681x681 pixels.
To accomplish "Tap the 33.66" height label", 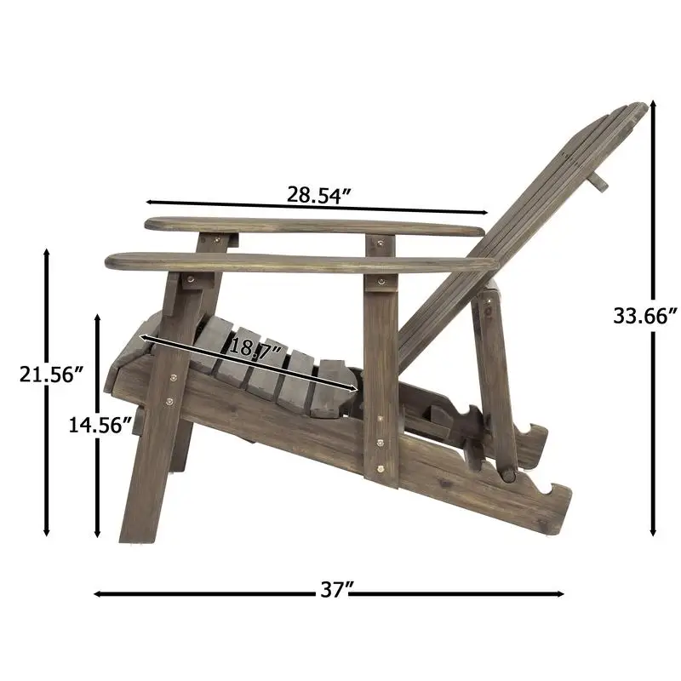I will [645, 316].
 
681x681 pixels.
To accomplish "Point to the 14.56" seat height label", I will [100, 423].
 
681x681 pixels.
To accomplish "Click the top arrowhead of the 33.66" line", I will [654, 106].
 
